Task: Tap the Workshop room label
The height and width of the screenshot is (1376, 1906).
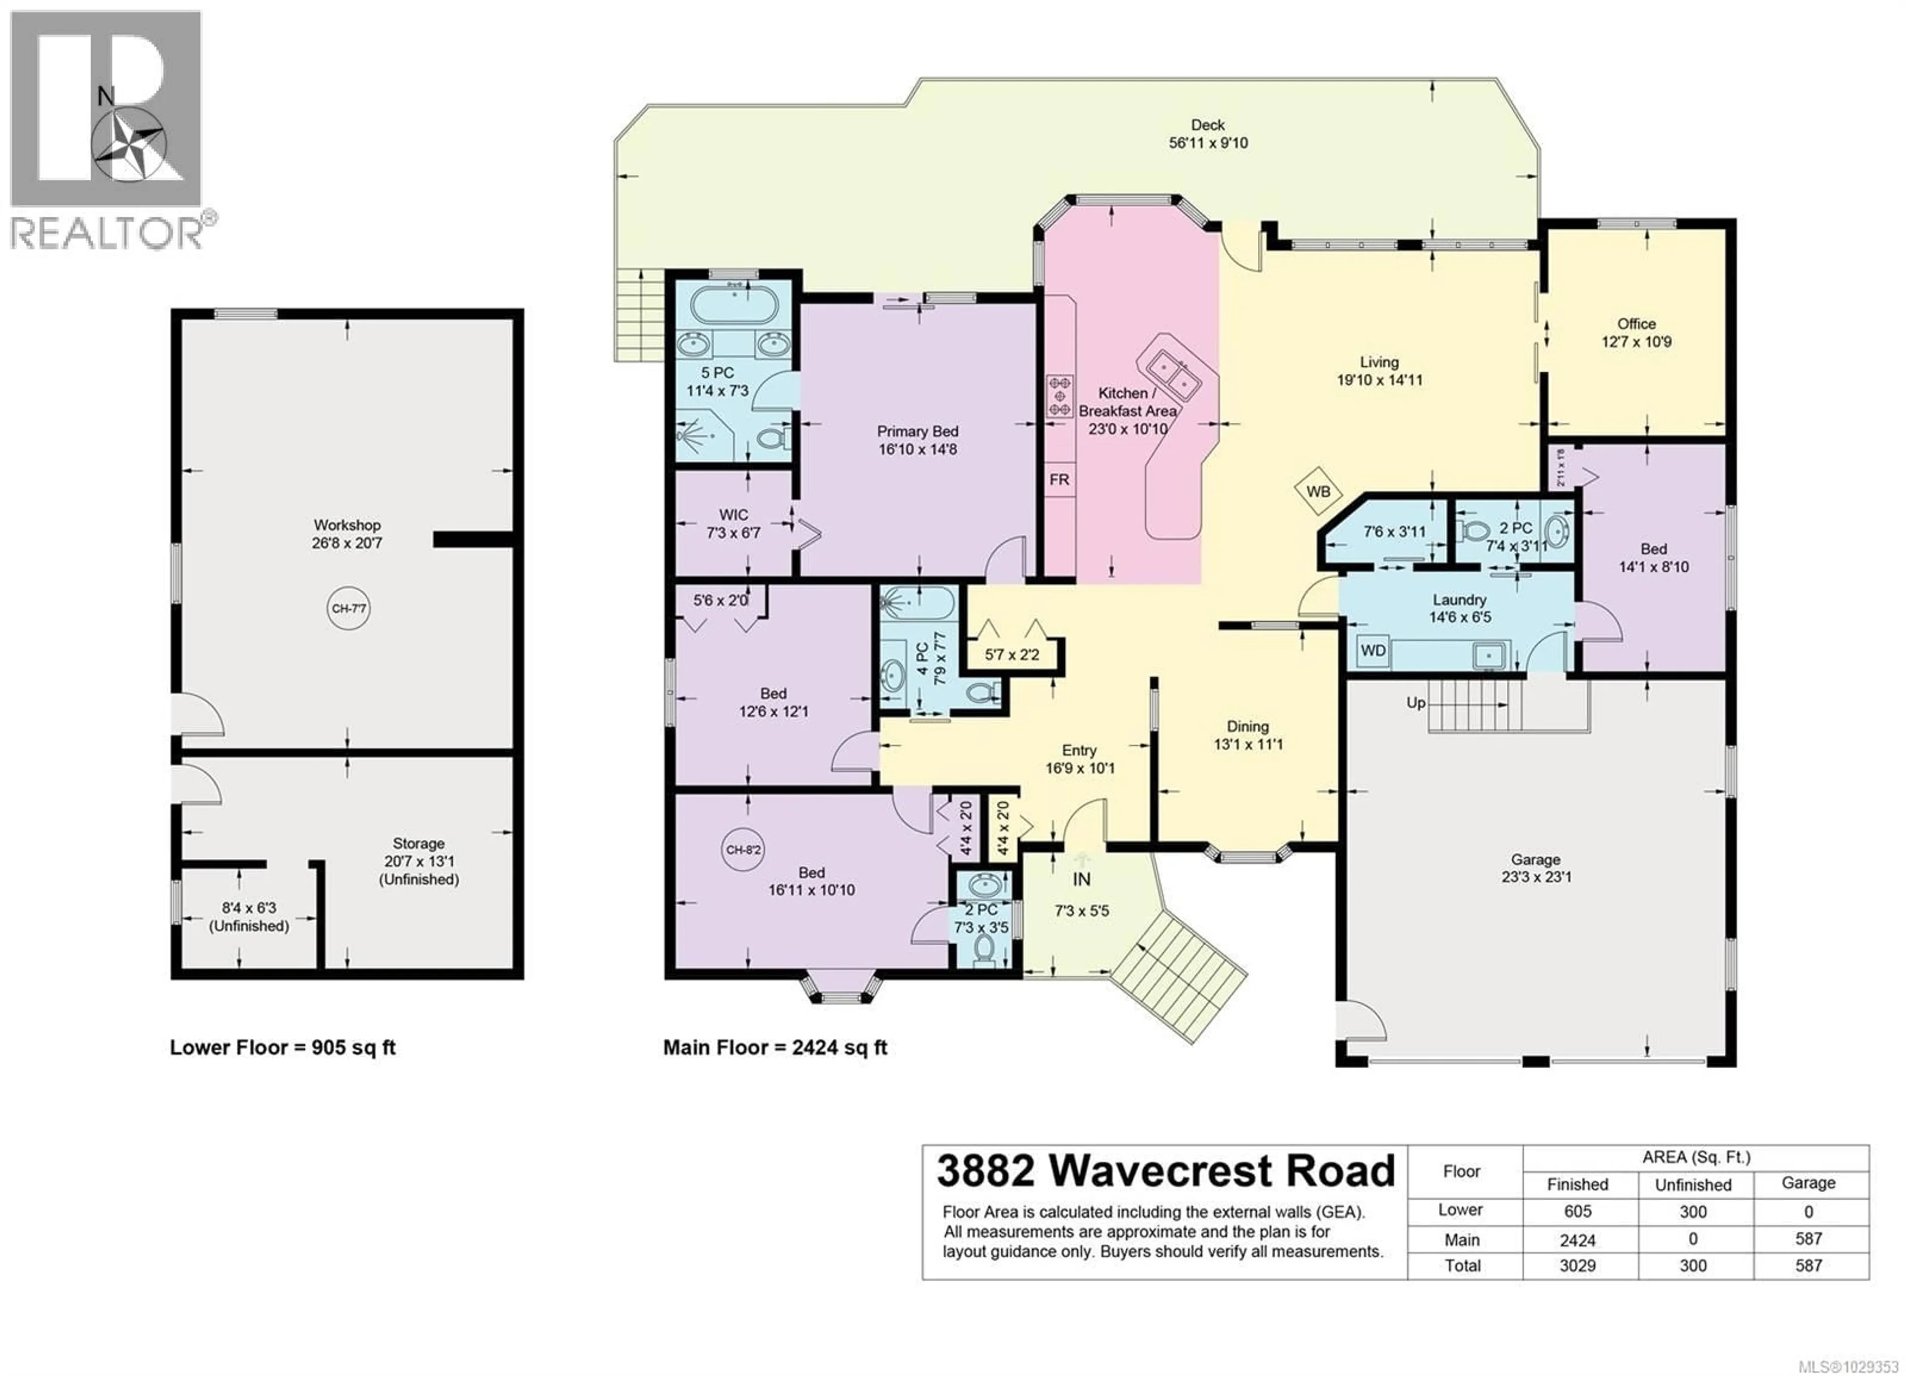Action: coord(347,525)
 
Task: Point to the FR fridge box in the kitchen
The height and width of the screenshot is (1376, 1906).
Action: coord(1059,480)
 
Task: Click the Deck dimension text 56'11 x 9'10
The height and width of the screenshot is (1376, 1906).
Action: coord(1209,143)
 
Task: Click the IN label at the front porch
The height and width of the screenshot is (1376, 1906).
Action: coord(1082,879)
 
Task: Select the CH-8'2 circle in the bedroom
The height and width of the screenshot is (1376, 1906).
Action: coord(743,850)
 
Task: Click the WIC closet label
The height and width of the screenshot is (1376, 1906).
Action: coord(733,514)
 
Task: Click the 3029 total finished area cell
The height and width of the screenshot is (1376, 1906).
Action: coord(1577,1266)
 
